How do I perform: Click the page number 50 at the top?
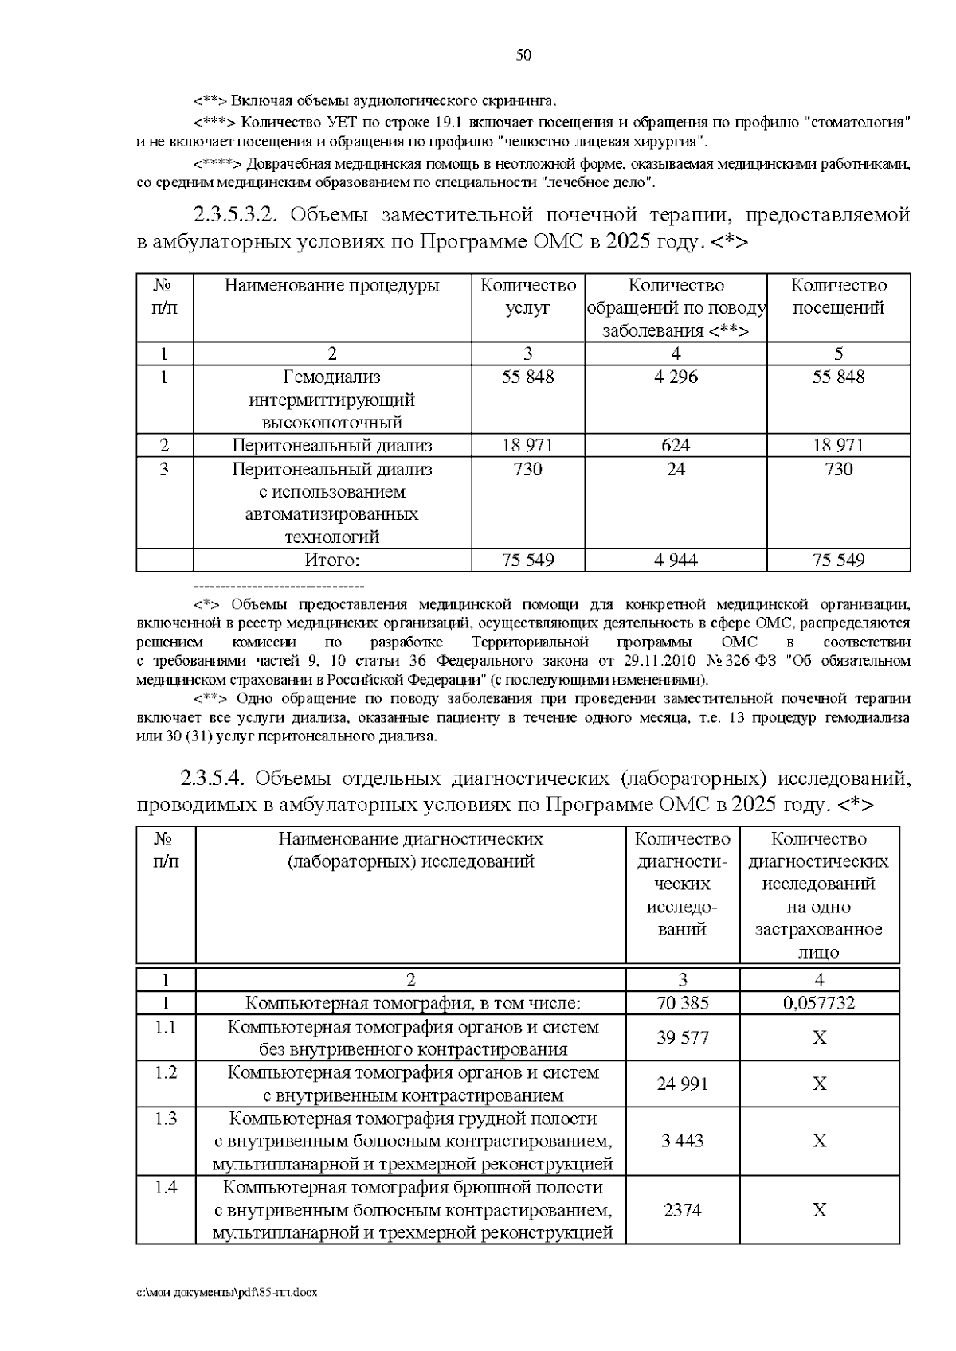pyautogui.click(x=523, y=55)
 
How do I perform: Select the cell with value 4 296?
pyautogui.click(x=676, y=377)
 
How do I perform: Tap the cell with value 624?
pyautogui.click(x=676, y=446)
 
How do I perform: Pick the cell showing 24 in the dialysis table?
pyautogui.click(x=676, y=470)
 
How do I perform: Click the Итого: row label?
pyautogui.click(x=332, y=560)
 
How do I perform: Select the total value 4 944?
pyautogui.click(x=676, y=560)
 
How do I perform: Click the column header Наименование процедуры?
pyautogui.click(x=332, y=286)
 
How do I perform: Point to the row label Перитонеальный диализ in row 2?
pyautogui.click(x=332, y=446)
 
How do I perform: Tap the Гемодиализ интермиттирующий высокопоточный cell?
pyautogui.click(x=332, y=400)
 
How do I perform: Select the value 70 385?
pyautogui.click(x=683, y=1003)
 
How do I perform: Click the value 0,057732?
pyautogui.click(x=819, y=1003)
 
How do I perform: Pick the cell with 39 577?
pyautogui.click(x=683, y=1038)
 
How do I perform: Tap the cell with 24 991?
pyautogui.click(x=683, y=1084)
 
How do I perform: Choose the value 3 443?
pyautogui.click(x=683, y=1142)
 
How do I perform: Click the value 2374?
pyautogui.click(x=683, y=1210)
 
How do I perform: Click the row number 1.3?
pyautogui.click(x=166, y=1119)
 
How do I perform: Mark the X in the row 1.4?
pyautogui.click(x=819, y=1210)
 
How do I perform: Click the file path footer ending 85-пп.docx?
pyautogui.click(x=227, y=1293)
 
